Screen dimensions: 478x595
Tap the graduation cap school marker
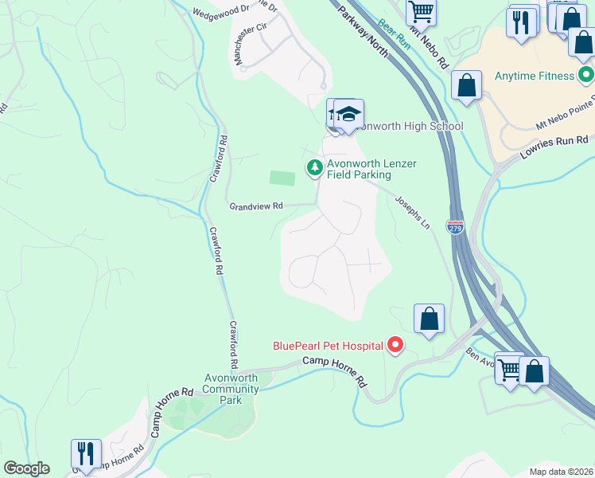click(x=348, y=115)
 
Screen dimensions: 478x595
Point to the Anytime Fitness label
click(x=534, y=76)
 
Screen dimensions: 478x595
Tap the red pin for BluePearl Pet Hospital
click(x=395, y=345)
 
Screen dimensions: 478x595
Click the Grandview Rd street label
click(x=256, y=206)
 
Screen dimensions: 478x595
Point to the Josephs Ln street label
click(x=412, y=214)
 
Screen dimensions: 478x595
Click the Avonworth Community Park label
click(x=231, y=389)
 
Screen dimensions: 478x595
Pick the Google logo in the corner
click(x=26, y=468)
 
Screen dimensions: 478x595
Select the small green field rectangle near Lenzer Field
click(x=282, y=178)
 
